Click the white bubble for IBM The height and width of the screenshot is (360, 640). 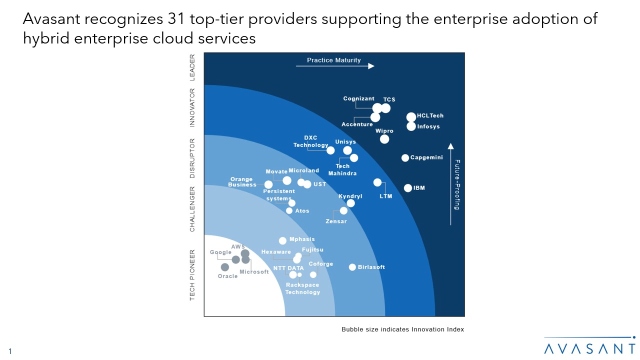coord(408,188)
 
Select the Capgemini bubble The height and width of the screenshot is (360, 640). coord(405,158)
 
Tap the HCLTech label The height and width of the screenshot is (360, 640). coord(430,116)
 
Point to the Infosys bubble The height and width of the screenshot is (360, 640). coord(411,126)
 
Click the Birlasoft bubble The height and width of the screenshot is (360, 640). coord(352,267)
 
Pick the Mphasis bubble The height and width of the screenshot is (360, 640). coord(282,240)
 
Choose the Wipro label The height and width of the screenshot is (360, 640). coord(384,131)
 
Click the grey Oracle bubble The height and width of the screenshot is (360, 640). coord(225,267)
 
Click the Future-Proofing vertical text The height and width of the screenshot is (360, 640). coord(457,184)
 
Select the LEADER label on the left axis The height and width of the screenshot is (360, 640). coord(192,67)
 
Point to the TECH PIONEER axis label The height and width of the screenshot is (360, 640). coord(192,274)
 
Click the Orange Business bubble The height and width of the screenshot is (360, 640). coord(268,184)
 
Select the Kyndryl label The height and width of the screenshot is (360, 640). coord(350,196)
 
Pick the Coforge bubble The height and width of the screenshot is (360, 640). coord(313,274)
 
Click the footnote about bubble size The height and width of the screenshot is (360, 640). coord(402,329)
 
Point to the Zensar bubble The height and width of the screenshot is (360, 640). coord(343,210)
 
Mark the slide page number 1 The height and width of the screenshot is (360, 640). coord(9,351)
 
